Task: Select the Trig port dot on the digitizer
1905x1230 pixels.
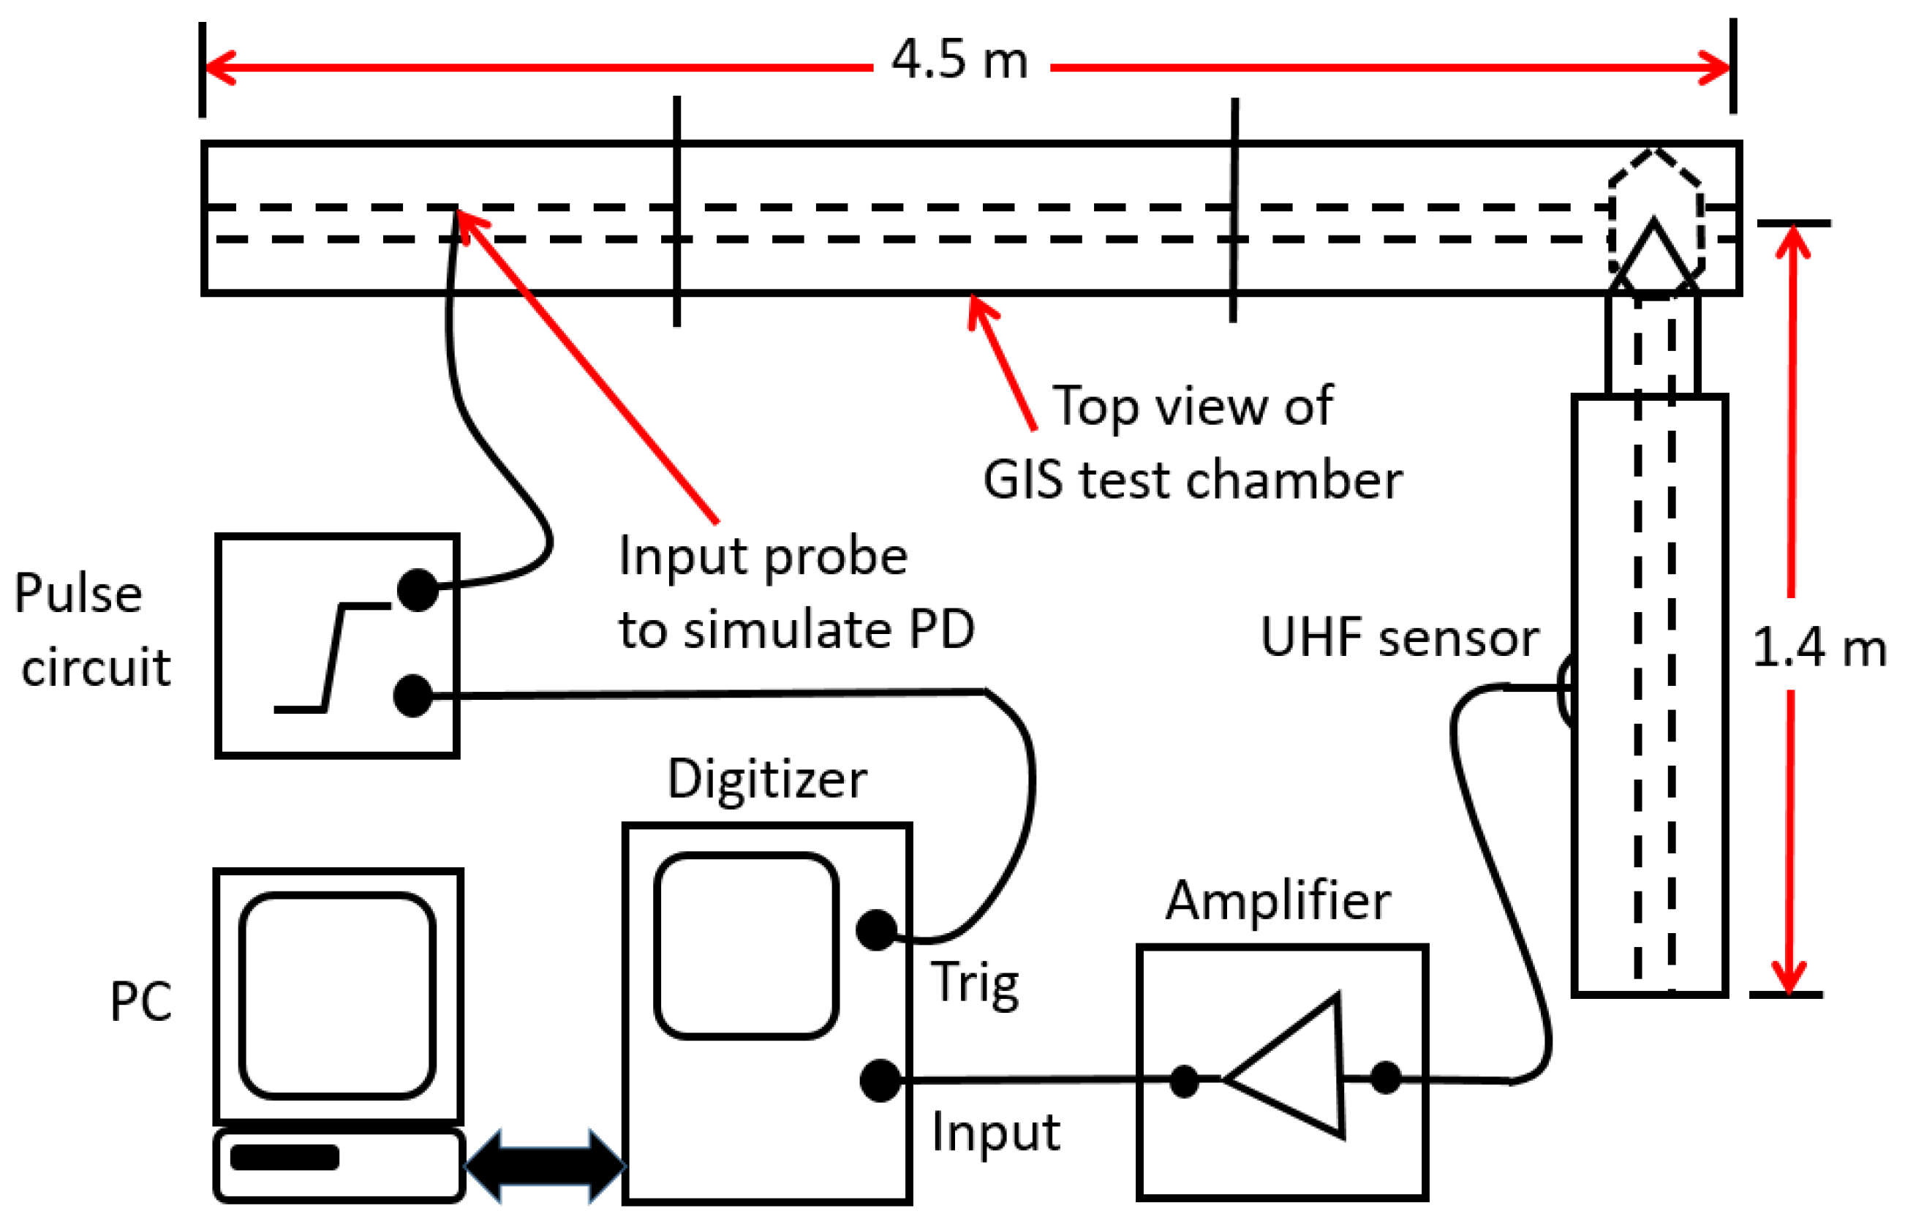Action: coord(875,929)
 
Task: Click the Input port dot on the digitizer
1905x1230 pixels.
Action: coord(880,1081)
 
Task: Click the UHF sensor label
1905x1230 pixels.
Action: coord(1399,638)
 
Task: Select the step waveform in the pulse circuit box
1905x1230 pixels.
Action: coord(331,657)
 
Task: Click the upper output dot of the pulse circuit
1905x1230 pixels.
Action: coord(417,590)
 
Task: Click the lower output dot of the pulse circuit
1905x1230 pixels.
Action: coord(413,695)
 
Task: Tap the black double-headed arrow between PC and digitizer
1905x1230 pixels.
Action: coord(545,1166)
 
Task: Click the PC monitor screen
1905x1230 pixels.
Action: coord(337,995)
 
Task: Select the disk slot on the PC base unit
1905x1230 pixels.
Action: coord(284,1158)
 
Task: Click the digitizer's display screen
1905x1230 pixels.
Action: coord(745,946)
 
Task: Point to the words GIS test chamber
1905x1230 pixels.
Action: coord(1192,481)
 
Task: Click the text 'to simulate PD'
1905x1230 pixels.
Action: coord(796,630)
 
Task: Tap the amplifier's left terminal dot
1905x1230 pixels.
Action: coord(1183,1082)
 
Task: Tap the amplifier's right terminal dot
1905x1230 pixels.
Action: coord(1385,1077)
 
